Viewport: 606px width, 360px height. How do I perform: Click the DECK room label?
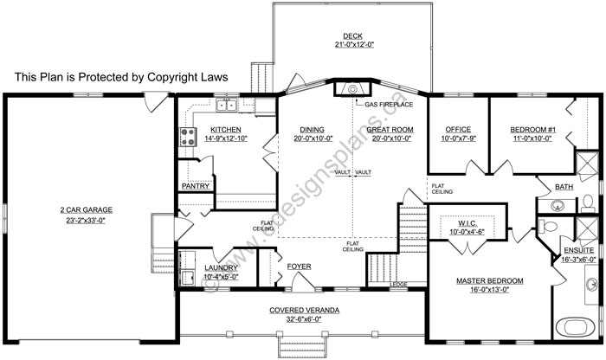coord(352,36)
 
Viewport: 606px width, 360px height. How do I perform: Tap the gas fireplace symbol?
coord(352,89)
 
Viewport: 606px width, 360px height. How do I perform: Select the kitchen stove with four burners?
coord(188,137)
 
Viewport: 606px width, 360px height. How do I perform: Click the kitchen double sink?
coord(227,106)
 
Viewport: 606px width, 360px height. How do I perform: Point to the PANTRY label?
coord(196,186)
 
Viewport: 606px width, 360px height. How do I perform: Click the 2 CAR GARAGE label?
coord(87,209)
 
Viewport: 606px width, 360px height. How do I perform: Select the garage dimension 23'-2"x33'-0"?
coord(86,220)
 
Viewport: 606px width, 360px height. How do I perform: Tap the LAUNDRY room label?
coord(221,267)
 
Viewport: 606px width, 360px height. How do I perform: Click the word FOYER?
coord(299,267)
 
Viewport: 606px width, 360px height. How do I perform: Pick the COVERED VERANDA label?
coord(305,310)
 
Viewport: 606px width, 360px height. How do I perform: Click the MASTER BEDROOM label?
coord(490,280)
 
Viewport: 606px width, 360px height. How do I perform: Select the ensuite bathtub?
coord(575,328)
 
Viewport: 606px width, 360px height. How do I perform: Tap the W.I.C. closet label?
coord(467,223)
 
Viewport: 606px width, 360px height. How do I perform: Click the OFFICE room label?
coord(458,129)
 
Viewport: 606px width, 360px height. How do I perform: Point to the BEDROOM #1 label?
coord(532,130)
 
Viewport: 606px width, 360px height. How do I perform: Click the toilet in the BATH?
coord(588,203)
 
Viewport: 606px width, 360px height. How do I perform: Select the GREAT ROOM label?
coord(390,130)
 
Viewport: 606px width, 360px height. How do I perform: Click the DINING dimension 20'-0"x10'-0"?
coord(313,138)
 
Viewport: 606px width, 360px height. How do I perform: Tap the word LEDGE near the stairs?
coord(398,285)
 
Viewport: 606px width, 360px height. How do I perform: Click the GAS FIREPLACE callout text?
coord(389,105)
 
